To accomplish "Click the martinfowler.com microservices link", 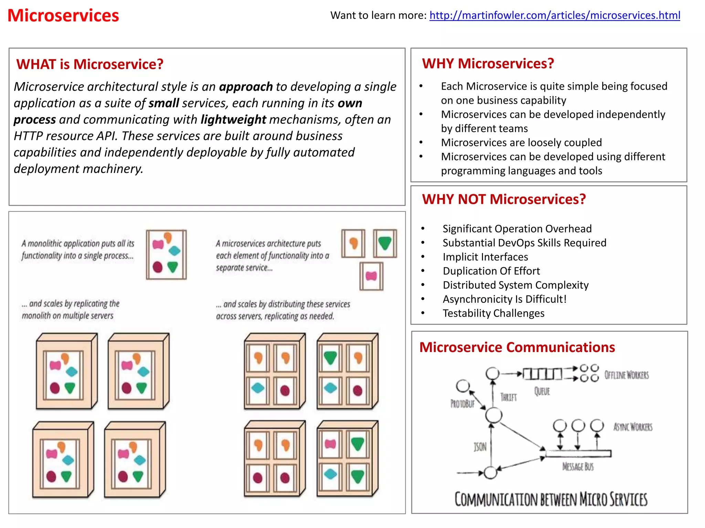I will point(555,15).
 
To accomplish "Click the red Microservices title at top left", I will point(63,16).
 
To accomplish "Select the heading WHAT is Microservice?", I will point(90,64).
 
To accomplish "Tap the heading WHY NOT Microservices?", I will point(504,199).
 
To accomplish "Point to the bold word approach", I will point(246,87).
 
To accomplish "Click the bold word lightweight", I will point(233,120).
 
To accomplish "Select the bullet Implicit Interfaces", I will point(485,257).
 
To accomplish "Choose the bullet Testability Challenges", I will point(493,313).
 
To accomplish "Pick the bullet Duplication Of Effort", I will point(491,271).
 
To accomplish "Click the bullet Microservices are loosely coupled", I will point(521,142).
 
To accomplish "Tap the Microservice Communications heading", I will point(517,347).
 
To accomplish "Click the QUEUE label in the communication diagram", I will point(542,391).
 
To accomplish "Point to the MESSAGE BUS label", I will point(578,466).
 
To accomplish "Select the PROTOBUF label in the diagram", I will point(462,404).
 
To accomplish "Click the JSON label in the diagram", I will point(480,447).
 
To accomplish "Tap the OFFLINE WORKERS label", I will point(627,375).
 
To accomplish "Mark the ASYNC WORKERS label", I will point(633,427).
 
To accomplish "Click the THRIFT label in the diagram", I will point(508,397).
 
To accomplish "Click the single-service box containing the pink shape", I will point(371,276).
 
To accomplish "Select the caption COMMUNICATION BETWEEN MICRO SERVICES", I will point(551,499).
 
